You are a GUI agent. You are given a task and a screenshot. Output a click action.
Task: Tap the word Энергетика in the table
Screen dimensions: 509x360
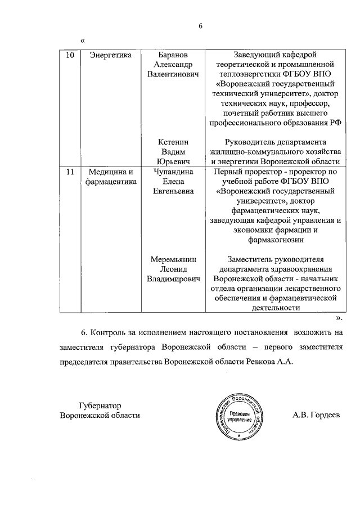coord(110,55)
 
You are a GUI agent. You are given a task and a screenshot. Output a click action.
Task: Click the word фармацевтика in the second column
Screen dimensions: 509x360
coord(110,182)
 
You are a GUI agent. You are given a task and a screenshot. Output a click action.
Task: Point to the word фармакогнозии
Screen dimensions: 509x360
coord(275,240)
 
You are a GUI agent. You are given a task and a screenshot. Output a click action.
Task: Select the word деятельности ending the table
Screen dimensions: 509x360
coord(275,308)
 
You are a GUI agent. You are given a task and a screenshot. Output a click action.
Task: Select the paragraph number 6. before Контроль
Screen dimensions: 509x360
coord(85,332)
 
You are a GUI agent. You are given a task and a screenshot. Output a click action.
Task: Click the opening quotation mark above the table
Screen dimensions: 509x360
coord(83,40)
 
